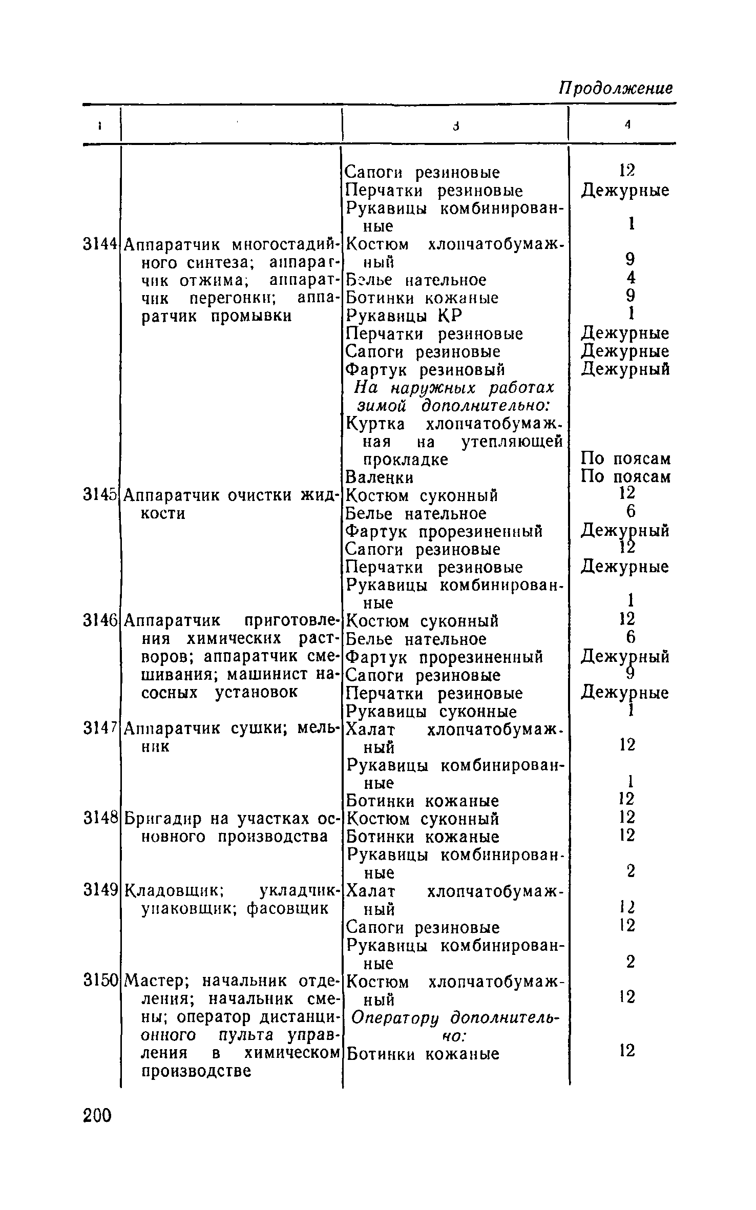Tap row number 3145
coord(100,495)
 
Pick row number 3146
coord(100,621)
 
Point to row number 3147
coord(100,728)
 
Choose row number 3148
coord(100,819)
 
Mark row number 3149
coord(100,890)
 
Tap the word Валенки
coord(380,477)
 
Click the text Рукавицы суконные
coord(431,711)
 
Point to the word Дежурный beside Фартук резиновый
coord(625,369)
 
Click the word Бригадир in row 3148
coord(164,819)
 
